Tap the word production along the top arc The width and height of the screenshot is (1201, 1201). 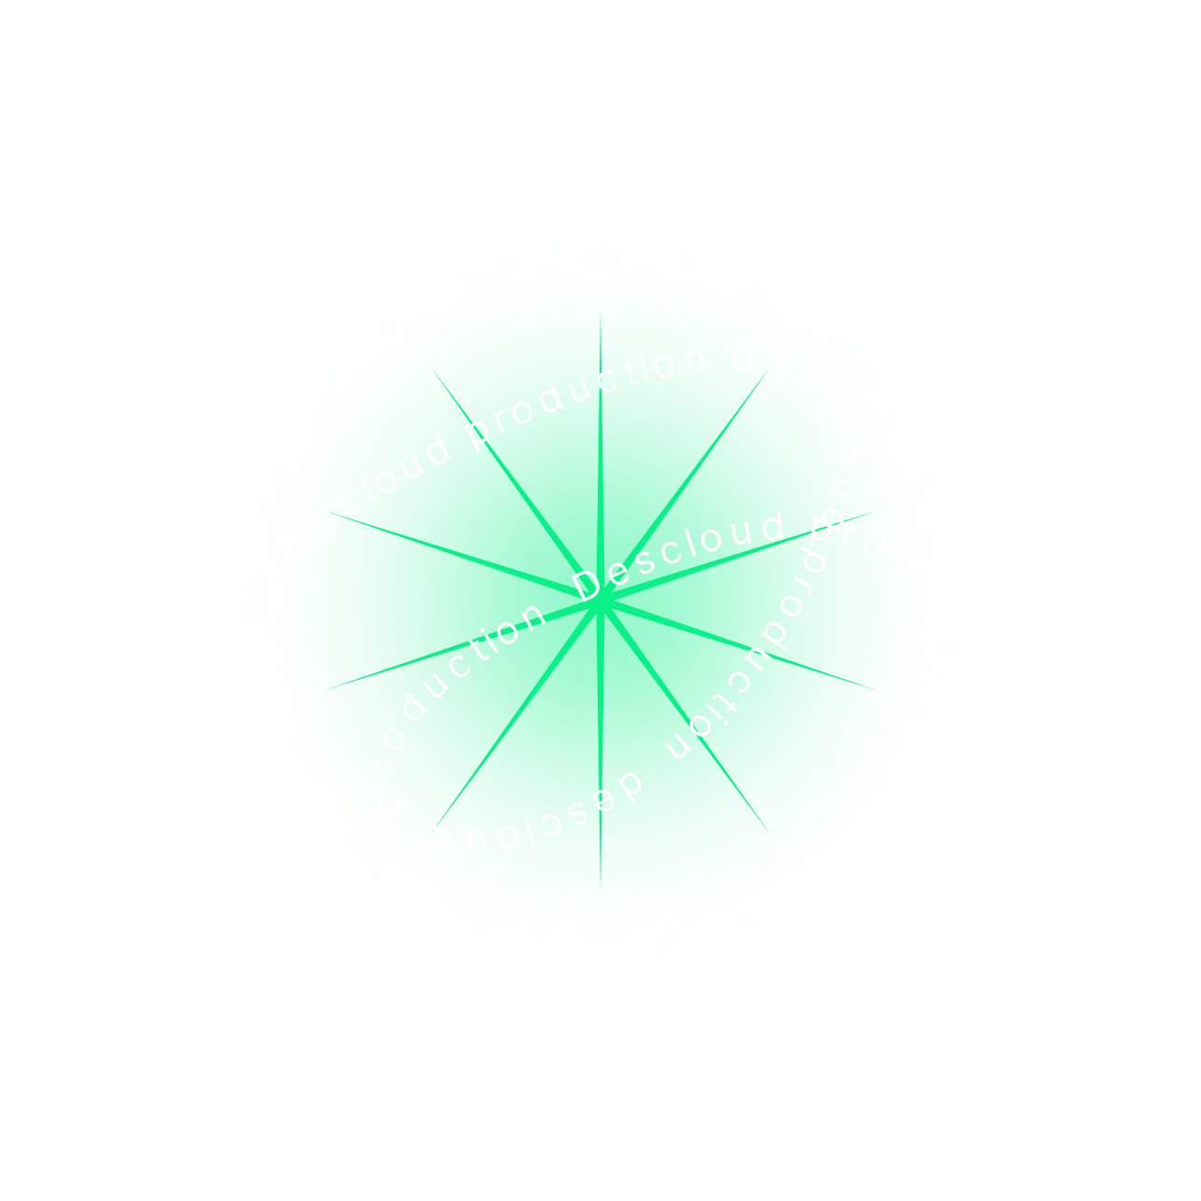587,393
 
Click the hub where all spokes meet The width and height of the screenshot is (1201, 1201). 601,603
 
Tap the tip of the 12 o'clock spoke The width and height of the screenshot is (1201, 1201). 600,314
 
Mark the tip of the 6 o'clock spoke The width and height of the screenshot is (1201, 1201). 600,887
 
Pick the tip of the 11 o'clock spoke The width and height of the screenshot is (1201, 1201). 430,365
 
